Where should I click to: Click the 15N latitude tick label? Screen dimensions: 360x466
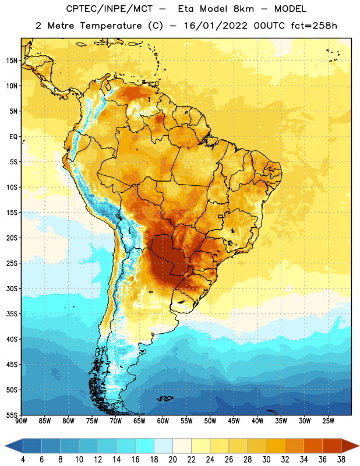point(12,61)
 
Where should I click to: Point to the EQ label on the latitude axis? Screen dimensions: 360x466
point(13,137)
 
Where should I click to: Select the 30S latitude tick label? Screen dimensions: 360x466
point(12,288)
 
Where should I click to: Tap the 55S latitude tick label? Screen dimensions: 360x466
point(12,415)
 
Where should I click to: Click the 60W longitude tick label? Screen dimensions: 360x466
point(163,421)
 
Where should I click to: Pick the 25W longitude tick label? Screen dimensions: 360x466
point(328,421)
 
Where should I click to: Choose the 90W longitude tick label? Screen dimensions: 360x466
point(21,421)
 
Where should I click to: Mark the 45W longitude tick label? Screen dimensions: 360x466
point(234,421)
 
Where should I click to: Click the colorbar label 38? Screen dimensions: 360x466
point(341,460)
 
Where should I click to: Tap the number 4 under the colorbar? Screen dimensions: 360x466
point(23,460)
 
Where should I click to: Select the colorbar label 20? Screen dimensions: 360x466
point(172,460)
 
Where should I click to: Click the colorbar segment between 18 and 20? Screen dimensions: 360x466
point(163,446)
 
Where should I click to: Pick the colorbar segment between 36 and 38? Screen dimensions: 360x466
point(332,446)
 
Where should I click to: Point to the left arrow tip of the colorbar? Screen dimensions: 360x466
point(5,446)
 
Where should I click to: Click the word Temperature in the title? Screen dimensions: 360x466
point(111,26)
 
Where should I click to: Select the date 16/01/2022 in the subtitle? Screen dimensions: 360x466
point(216,26)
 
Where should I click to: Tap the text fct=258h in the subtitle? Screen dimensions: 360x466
point(314,26)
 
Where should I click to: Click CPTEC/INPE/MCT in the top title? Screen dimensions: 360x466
point(109,9)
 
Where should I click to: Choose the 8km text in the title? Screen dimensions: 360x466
point(243,9)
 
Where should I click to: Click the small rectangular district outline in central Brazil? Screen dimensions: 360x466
point(221,216)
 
